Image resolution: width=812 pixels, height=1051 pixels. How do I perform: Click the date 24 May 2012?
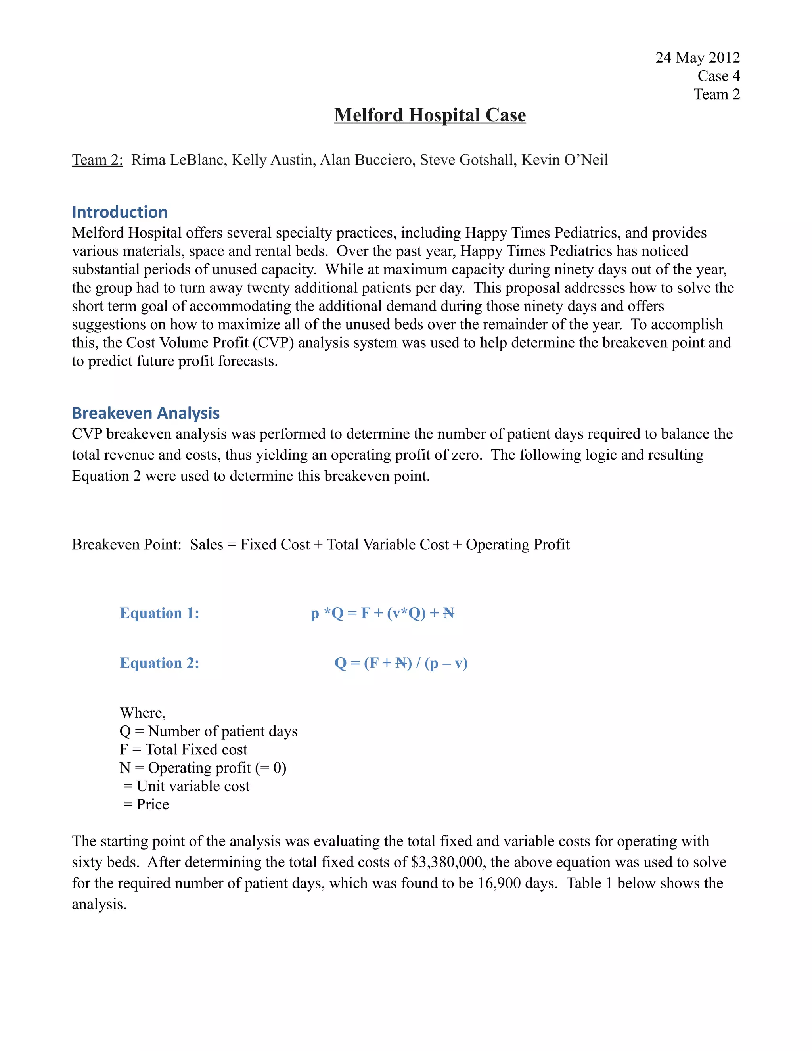[x=697, y=58]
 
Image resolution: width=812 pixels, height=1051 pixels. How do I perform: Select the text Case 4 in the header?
[x=718, y=76]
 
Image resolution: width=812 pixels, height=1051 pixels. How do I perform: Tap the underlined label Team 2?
[x=98, y=160]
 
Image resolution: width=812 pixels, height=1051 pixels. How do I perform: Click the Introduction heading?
[x=119, y=212]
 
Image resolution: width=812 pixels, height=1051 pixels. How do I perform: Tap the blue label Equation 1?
[x=159, y=613]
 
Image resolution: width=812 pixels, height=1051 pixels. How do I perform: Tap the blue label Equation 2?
[x=159, y=663]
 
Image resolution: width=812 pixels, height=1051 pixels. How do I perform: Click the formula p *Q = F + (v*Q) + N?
[x=383, y=613]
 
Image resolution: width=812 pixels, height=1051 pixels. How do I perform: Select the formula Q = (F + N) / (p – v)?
[x=401, y=663]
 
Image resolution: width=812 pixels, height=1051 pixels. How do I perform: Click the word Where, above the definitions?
[x=142, y=713]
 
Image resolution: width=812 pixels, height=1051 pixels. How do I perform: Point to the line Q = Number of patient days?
[x=208, y=731]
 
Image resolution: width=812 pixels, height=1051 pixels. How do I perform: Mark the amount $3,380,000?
[x=446, y=862]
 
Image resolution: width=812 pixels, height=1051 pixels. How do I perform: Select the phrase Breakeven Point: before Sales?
[x=126, y=544]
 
